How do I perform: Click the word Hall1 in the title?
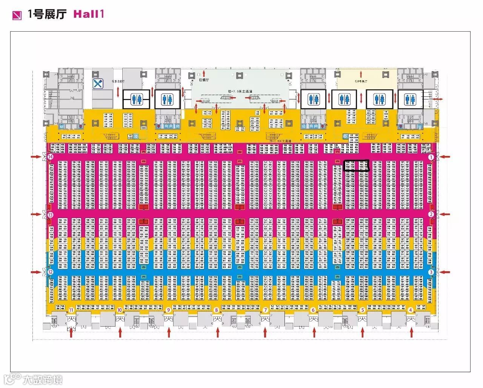[88, 14]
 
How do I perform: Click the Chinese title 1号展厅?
[47, 14]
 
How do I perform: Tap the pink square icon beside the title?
[17, 15]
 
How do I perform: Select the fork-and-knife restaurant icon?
[98, 84]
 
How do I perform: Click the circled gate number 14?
[50, 156]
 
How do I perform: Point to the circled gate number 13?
[50, 214]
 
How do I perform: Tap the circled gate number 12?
[50, 272]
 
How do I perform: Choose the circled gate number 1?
[431, 156]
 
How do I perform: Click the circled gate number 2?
[431, 214]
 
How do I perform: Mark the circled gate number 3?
[431, 272]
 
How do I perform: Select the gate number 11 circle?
[71, 310]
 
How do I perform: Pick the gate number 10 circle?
[120, 310]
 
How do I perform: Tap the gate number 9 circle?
[168, 310]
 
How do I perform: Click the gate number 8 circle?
[217, 310]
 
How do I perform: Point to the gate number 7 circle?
[265, 310]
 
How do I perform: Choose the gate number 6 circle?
[313, 310]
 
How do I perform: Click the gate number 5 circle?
[362, 310]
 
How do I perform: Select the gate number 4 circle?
[411, 310]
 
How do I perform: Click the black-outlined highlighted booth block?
[356, 165]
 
